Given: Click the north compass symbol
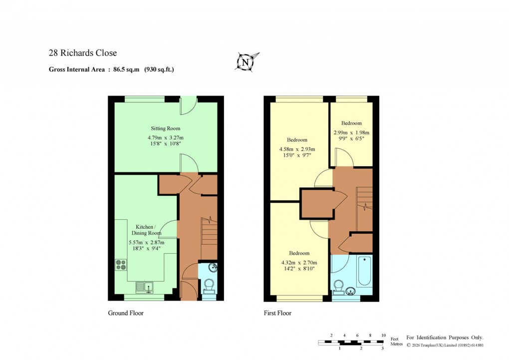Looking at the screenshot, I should click(245, 62).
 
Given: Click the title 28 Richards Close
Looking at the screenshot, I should click(82, 53).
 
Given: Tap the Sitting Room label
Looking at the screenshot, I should click(166, 128).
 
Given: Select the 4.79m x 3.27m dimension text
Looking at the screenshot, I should click(166, 137).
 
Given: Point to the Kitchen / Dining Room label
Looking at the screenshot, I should click(146, 230).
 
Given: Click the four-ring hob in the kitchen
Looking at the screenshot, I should click(121, 264).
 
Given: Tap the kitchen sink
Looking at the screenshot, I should click(144, 287).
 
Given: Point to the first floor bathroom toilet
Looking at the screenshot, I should click(338, 287).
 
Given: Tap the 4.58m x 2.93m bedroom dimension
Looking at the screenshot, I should click(297, 149).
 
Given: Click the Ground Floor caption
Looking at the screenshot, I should click(126, 313).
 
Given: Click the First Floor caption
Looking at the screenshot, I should click(277, 313).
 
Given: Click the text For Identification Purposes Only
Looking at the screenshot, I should click(445, 338).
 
